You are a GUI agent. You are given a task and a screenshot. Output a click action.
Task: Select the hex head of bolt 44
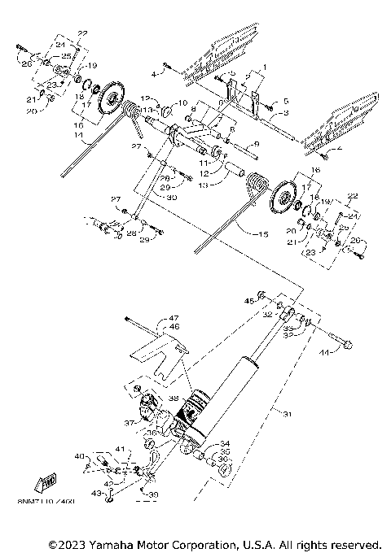coord(349,346)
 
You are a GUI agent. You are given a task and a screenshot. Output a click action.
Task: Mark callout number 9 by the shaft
coord(255,144)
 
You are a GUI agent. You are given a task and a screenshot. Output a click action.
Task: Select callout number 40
coord(79,456)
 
